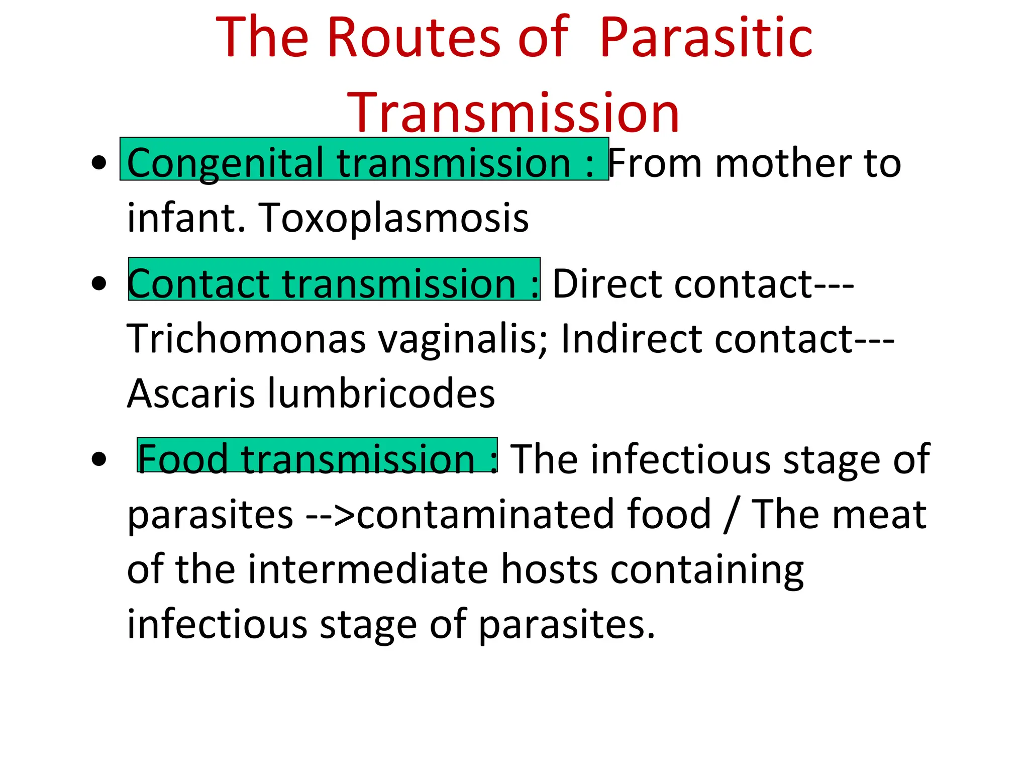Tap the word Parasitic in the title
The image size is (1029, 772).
point(706,38)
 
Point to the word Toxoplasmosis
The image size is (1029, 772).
point(393,218)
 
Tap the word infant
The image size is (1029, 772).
point(186,218)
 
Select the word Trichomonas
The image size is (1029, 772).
point(246,338)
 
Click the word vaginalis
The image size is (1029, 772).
point(462,338)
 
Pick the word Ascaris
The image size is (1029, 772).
point(191,393)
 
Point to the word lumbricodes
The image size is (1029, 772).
point(381,393)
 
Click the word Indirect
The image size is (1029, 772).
point(631,338)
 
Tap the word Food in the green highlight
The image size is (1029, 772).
point(183,458)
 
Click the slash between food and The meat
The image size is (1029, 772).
point(730,515)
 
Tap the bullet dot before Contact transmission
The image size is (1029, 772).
point(99,283)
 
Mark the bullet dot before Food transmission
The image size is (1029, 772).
point(99,459)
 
